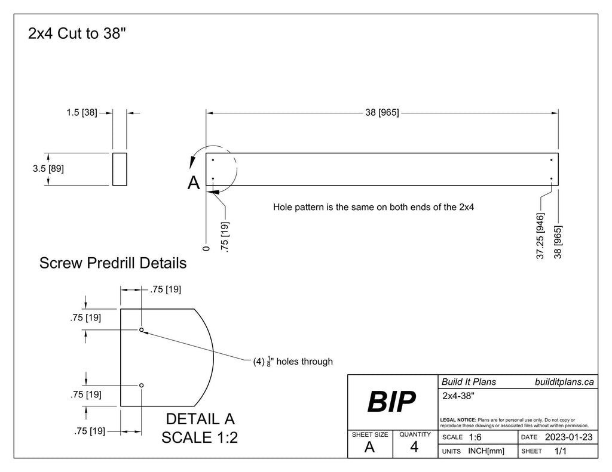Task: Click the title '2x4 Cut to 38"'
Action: [76, 33]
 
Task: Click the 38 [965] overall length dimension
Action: [382, 112]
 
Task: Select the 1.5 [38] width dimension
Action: [81, 112]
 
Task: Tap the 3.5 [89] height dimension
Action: [48, 169]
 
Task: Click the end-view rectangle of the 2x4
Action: [120, 169]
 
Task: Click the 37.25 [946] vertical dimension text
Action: [540, 236]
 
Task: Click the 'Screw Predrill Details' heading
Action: [112, 263]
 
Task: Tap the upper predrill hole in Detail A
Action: [142, 330]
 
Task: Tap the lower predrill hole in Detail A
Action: [142, 385]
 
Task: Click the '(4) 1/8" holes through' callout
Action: [292, 361]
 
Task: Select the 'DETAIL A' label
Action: [200, 419]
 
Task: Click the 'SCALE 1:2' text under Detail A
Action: [200, 437]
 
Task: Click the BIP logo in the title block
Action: [391, 403]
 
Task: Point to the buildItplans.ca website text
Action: [564, 382]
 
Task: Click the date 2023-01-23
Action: [568, 437]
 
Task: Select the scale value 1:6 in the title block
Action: [475, 437]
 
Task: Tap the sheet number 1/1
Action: [561, 452]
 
